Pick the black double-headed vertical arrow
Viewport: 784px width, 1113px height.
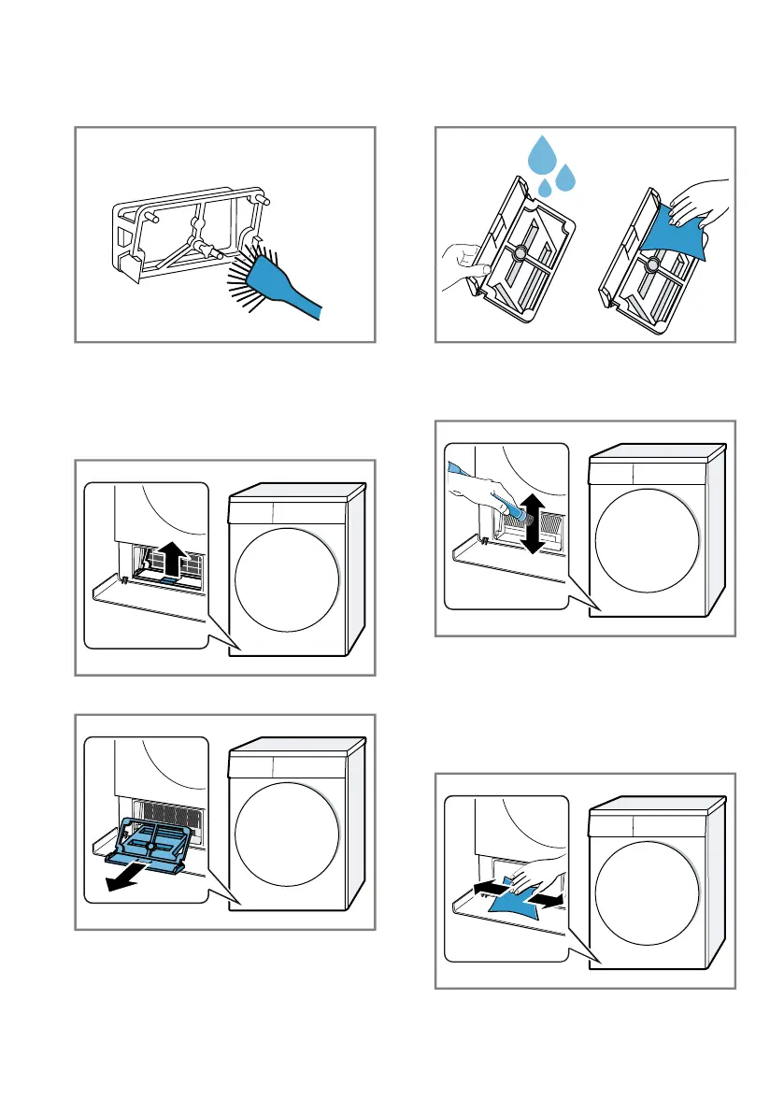532,525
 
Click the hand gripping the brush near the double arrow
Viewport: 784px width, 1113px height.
483,488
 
